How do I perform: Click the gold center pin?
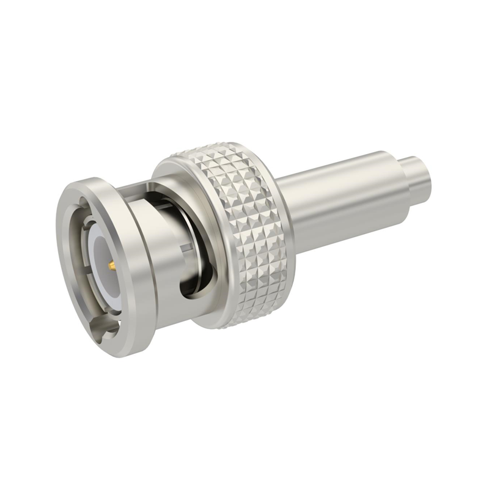tap(112, 266)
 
